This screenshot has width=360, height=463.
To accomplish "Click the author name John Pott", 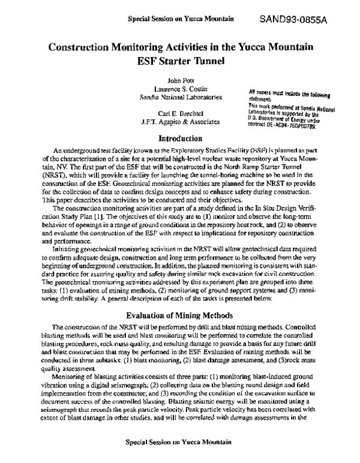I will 179,80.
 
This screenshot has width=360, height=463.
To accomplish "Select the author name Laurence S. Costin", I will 179,88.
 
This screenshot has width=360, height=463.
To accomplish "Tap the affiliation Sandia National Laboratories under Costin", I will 179,97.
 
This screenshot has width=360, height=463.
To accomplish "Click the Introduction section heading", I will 179,138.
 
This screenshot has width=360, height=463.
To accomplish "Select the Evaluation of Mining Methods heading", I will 179,314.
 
